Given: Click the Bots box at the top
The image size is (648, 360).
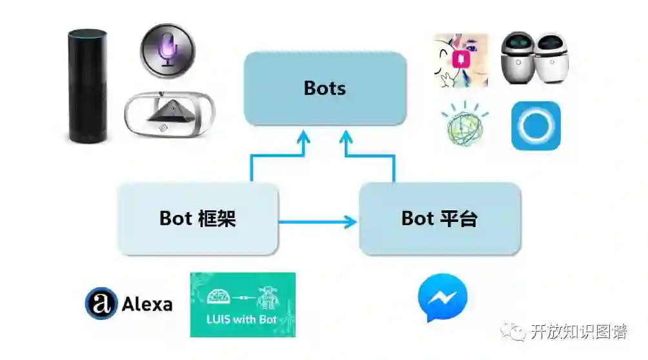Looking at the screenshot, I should pos(325,88).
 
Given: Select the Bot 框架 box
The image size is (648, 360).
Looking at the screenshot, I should pos(197,218).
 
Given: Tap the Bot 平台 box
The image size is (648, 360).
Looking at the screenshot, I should pos(440,218).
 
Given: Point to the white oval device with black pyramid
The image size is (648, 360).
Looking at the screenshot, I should pos(167,114).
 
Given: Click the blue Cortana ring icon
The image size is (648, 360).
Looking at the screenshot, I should pos(536,125).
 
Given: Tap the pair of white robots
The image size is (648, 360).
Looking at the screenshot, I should pos(534,58).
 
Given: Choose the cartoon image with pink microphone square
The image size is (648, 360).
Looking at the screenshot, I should pos(461,60).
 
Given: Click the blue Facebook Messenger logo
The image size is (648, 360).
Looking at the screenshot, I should pos(442,299).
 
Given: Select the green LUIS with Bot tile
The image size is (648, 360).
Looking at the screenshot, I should pos(243,305).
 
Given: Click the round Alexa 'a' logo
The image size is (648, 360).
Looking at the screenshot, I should pos(101,303).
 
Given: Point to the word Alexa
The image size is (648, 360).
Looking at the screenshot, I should pos(147,305).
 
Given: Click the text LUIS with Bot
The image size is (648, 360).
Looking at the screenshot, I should pos(243,319).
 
